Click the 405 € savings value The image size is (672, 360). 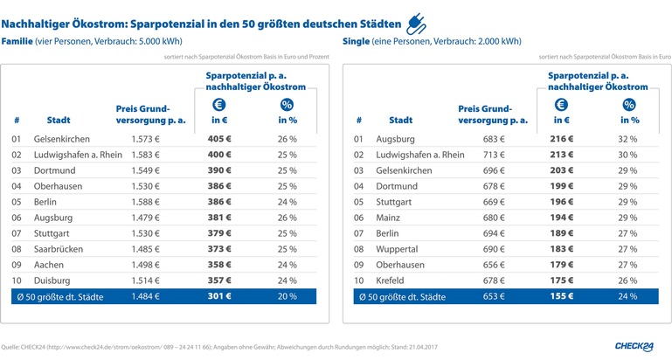[221, 139]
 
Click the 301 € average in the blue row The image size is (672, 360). [221, 297]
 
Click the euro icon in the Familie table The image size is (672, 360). [221, 104]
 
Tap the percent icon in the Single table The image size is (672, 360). [629, 104]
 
